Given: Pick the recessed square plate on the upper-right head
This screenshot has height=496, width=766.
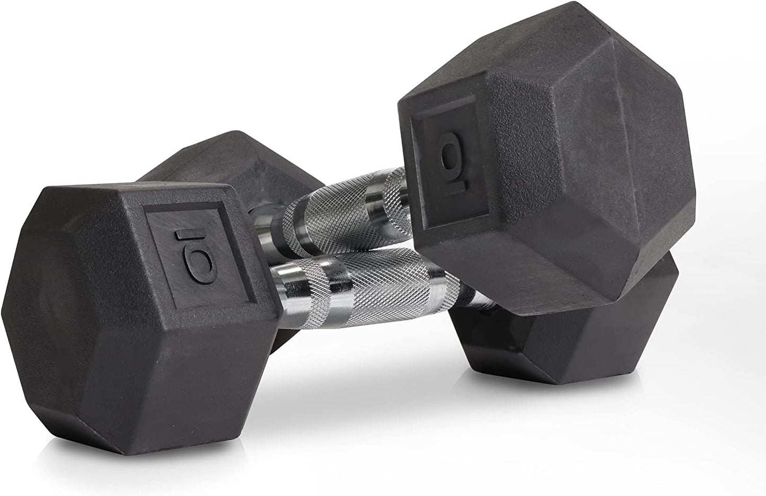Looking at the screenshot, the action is pyautogui.click(x=449, y=162).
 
